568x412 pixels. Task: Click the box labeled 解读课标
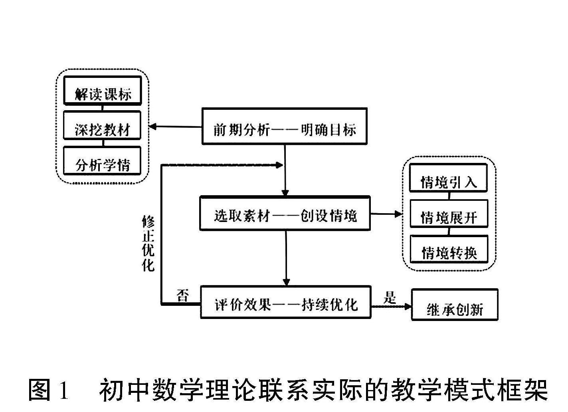coord(103,91)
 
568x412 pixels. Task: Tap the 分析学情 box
coord(103,160)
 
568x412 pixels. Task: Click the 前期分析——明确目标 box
coord(284,126)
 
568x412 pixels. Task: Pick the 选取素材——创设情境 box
coord(285,213)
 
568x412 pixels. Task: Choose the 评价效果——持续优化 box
coord(285,302)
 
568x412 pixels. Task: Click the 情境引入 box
coord(449,178)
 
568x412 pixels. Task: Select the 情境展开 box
coord(449,214)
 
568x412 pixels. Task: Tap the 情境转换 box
coord(449,249)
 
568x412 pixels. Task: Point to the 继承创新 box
coord(455,305)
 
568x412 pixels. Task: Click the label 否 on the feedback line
coord(183,296)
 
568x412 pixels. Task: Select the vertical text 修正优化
coord(148,244)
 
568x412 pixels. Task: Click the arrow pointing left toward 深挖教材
coord(175,127)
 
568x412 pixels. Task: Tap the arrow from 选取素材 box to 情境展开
coord(386,214)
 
